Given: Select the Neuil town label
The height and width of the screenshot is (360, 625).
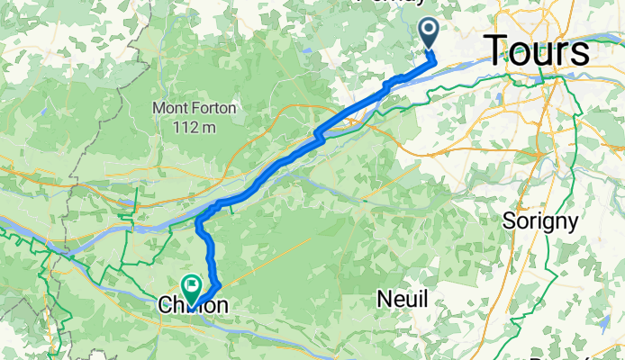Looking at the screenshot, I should [402, 300].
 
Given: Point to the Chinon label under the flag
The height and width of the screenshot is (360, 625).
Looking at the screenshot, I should [193, 307].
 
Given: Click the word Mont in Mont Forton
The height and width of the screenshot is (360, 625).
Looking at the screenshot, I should [169, 108].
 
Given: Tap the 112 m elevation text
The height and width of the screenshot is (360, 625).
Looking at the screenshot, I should [195, 127].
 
